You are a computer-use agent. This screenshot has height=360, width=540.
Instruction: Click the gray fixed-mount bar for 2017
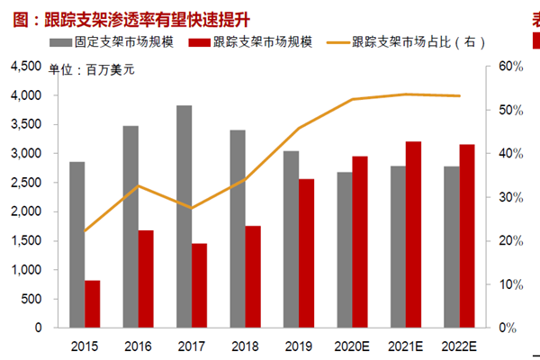pyautogui.click(x=184, y=217)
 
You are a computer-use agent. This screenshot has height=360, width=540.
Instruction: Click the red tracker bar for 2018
pyautogui.click(x=253, y=276)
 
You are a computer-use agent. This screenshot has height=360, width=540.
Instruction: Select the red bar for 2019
pyautogui.click(x=307, y=253)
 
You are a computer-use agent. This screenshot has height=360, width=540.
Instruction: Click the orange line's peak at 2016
pyautogui.click(x=138, y=186)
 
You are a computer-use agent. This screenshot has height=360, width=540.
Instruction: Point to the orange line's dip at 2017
pyautogui.click(x=191, y=208)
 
